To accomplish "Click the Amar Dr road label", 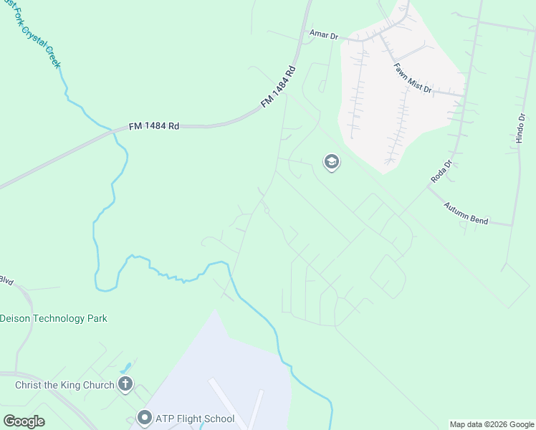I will pos(323,34).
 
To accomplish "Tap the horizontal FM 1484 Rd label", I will pos(153,126).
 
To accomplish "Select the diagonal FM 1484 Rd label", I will pos(278,87).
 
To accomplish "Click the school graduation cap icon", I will pos(331,163).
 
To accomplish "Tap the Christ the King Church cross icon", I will pos(125,385).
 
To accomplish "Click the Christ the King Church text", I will pos(64,385).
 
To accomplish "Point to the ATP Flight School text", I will pos(195,419).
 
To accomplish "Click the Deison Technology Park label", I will pos(53,318).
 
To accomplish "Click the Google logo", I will pos(24,421).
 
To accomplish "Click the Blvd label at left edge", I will pos(6,280).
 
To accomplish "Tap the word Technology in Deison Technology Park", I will pos(58,318).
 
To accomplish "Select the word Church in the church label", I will pos(97,385).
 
